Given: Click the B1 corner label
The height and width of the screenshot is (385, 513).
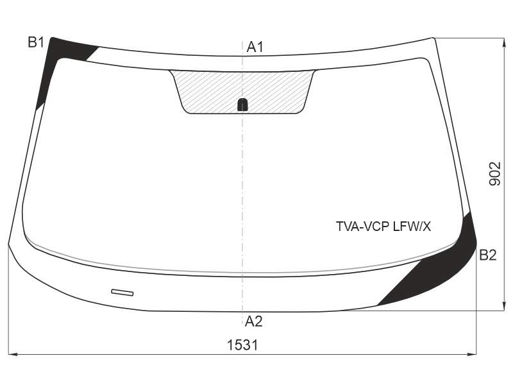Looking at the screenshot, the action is (36, 42).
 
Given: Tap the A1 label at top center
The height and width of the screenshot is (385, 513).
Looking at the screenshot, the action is (255, 47).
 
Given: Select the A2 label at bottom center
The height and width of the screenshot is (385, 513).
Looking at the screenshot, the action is (253, 321).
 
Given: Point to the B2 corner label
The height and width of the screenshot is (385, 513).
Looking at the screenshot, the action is (488, 255).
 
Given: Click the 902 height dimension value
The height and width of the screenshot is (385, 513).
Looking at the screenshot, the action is (495, 174).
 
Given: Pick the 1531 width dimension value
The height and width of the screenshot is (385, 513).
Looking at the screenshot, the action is (242, 345).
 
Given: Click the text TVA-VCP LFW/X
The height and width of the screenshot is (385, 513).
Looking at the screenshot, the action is (383, 227).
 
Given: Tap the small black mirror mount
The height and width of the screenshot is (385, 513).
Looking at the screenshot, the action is (242, 105).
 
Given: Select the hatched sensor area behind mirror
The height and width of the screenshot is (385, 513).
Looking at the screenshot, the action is (242, 92).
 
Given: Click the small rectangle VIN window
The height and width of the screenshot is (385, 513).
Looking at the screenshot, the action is (122, 293).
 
